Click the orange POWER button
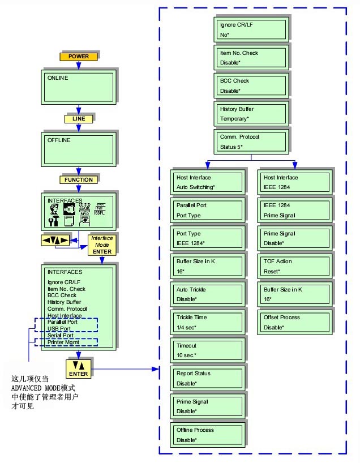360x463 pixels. pos(79,57)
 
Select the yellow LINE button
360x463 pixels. pos(78,119)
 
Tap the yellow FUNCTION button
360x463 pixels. pos(79,179)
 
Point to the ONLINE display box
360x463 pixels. pos(79,87)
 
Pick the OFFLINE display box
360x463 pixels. pos(79,149)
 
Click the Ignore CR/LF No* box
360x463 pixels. pos(251,29)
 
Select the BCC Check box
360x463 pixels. pos(251,85)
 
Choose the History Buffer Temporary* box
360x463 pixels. pos(251,114)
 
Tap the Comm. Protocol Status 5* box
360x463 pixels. pos(251,142)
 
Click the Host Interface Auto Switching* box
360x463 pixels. pos(207,182)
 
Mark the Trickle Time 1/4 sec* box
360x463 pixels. pos(207,322)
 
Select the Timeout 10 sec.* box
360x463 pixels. pos(207,350)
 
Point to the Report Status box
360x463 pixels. pos(207,378)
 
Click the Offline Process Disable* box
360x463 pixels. pos(207,435)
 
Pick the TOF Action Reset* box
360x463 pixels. pos(294,266)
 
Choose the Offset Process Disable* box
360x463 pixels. pos(294,322)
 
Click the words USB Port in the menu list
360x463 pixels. pos(60,328)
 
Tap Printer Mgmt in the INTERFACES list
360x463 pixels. pos(63,342)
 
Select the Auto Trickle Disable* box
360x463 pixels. pos(207,294)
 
